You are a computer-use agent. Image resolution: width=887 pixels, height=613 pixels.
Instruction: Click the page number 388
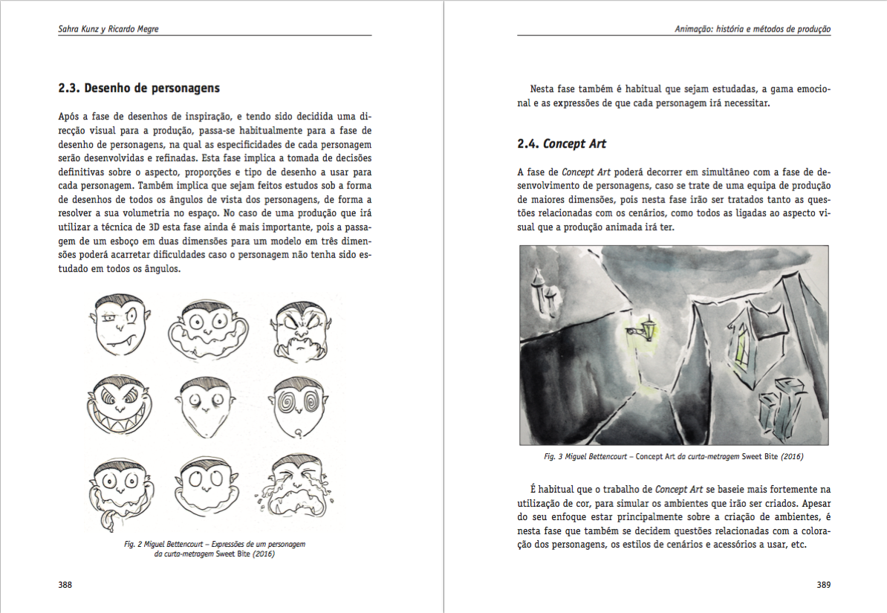pos(65,585)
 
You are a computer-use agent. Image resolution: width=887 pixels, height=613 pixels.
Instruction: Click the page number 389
pos(823,585)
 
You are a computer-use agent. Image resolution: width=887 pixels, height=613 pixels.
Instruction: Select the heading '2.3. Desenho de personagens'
pos(139,88)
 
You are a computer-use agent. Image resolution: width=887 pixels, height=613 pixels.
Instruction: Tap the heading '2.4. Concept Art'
pos(556,143)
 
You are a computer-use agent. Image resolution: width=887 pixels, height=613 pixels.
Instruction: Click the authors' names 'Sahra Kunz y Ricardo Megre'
pos(108,29)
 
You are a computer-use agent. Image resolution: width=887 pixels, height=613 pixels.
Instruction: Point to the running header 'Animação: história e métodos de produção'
pos(753,29)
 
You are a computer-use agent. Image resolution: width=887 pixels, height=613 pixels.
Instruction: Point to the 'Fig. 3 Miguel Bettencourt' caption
pos(673,456)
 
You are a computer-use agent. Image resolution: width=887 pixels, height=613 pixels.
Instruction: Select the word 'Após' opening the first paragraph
pos(69,117)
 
